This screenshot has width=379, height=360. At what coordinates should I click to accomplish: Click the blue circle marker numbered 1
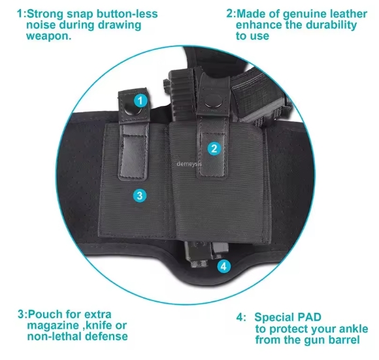point(140,100)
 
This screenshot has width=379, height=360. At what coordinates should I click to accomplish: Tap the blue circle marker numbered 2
point(214,148)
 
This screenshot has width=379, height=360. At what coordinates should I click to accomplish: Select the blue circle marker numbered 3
point(140,195)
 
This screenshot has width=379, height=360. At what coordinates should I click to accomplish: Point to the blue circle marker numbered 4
point(224,267)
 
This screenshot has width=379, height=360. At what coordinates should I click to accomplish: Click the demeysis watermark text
point(189,164)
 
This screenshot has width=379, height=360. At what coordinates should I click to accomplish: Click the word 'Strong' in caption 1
point(46,14)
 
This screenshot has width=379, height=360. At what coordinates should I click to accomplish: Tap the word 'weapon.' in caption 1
point(49,36)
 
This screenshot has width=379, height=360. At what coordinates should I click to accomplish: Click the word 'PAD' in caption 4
point(309,317)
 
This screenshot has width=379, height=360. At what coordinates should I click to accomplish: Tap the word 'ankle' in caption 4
point(354,329)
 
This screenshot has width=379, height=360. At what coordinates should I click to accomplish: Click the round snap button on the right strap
point(214,101)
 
